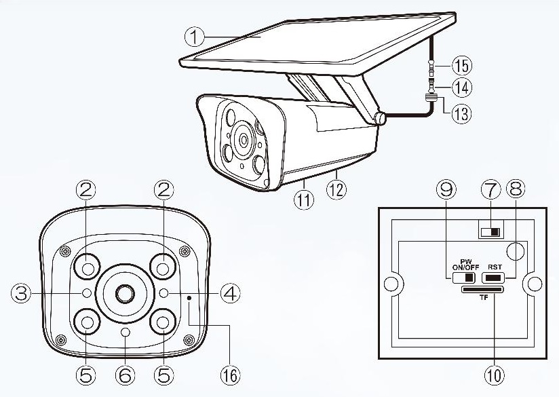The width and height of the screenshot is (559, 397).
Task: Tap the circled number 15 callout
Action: click(462, 66)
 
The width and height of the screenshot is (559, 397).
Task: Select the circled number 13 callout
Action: click(462, 113)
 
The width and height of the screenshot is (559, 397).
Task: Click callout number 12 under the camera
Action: click(337, 191)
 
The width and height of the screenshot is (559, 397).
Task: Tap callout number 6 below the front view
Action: click(125, 373)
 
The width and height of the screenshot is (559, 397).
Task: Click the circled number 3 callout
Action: click(20, 293)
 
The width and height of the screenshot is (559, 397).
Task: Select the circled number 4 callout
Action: click(230, 293)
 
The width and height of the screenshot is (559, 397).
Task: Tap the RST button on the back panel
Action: click(493, 278)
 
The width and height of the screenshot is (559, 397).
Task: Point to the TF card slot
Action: click(482, 290)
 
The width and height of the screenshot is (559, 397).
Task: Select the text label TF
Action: click(482, 297)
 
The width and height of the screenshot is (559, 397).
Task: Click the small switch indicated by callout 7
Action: click(488, 232)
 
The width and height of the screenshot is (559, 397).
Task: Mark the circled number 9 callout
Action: click(446, 191)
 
